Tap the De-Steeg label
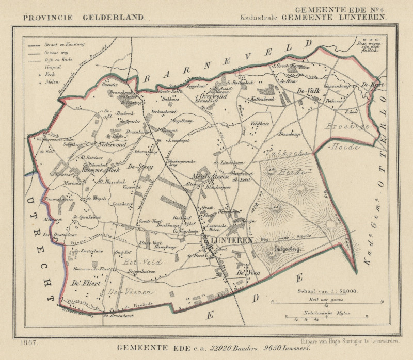[x=138, y=166]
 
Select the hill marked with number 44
[x=276, y=207]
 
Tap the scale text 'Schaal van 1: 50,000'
[x=326, y=292]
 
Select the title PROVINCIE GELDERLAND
[x=84, y=17]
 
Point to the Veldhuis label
[x=260, y=124]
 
